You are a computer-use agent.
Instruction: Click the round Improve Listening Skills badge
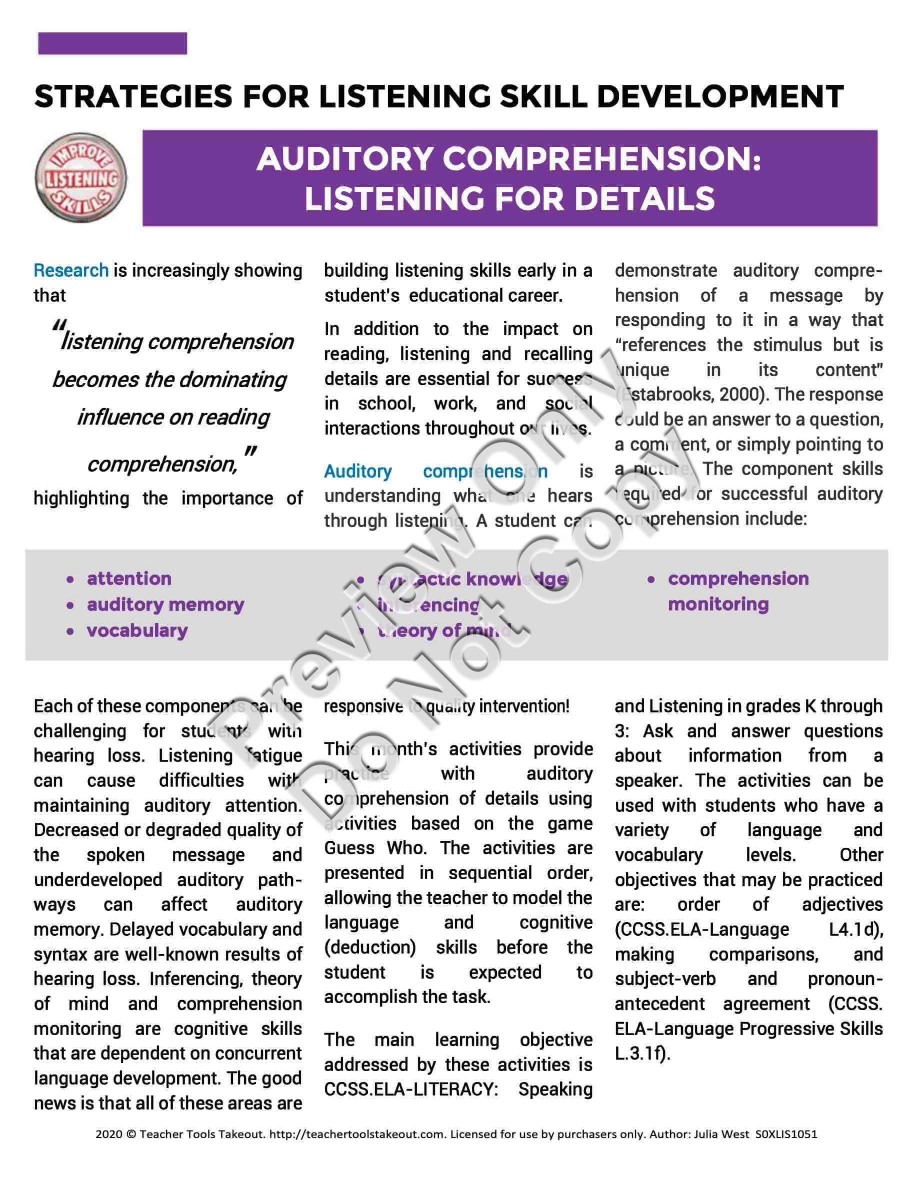[x=80, y=178]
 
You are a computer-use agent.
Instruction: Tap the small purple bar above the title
[x=112, y=43]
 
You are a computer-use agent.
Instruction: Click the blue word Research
[x=70, y=270]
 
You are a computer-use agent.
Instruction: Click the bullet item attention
[x=129, y=579]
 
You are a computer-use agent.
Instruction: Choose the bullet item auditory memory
[x=165, y=604]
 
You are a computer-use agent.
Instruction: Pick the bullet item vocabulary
[x=137, y=630]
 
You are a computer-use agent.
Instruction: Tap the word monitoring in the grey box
[x=718, y=604]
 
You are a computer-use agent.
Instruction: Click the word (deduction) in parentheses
[x=370, y=947]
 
